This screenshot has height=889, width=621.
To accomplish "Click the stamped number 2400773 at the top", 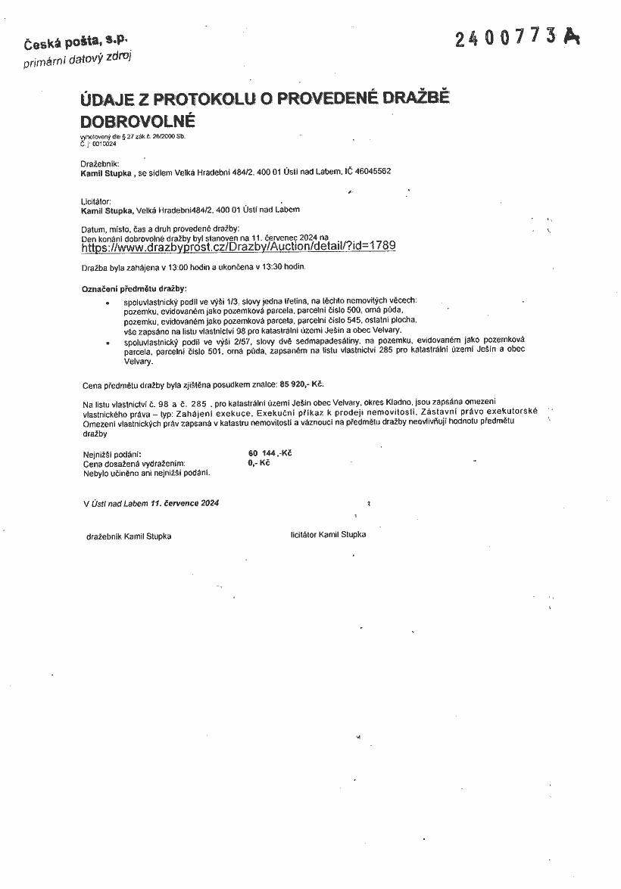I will pos(507,37).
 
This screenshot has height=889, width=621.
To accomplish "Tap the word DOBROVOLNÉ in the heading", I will pos(138,121).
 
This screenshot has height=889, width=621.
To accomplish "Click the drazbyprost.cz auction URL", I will pos(238,247).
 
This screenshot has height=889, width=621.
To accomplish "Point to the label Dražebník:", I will pos(99,163).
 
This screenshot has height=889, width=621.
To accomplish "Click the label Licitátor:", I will pos(96,201).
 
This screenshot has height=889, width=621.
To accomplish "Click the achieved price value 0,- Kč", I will pos(258,462).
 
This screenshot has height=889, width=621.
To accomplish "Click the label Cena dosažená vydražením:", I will pos(134,463).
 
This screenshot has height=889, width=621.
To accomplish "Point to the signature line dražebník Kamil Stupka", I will pos(129,536).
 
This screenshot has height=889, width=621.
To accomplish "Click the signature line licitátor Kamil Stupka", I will pos(328,534).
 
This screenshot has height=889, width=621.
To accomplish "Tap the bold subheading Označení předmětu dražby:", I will pos(134,289).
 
